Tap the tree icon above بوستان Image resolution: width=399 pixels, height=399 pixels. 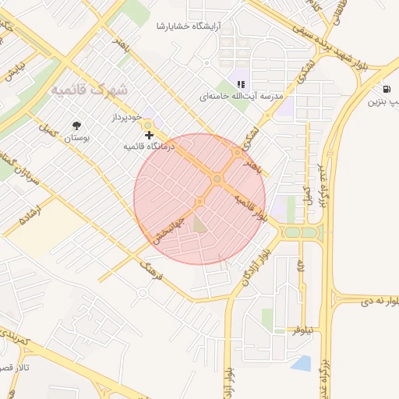pos(76,125)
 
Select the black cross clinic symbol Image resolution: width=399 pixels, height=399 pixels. pos(149,135)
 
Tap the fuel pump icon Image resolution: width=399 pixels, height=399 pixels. pos(387,89)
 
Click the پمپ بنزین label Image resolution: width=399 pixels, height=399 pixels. pos(385,102)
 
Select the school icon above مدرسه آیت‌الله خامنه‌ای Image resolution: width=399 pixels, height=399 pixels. pos(241,84)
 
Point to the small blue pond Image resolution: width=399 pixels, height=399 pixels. pos(301,362)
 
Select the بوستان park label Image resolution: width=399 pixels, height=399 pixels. pos(77,137)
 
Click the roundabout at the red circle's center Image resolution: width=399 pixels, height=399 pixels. pos(217,180)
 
